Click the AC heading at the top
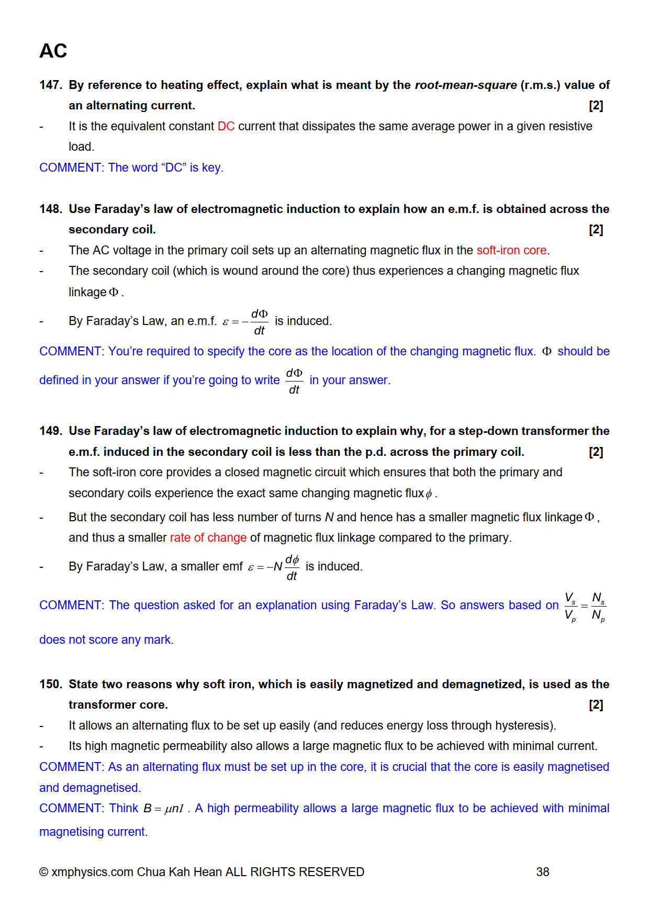coord(53,51)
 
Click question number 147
coord(50,85)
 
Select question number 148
coord(50,209)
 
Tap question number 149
coord(50,431)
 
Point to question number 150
coord(50,685)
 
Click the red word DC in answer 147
coord(226,127)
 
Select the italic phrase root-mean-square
coord(465,85)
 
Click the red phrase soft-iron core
coord(511,251)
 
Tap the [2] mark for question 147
coord(596,106)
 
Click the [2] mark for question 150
coord(596,705)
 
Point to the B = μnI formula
coord(164,809)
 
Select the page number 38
coord(543,872)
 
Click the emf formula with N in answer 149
coord(274,567)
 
